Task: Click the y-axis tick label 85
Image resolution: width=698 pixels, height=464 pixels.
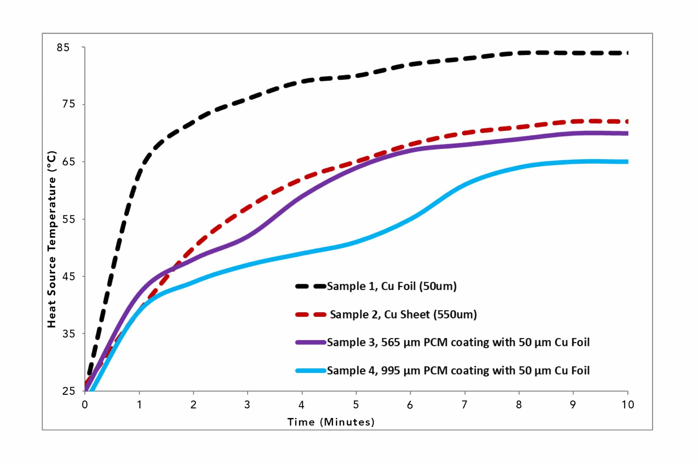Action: coord(63,48)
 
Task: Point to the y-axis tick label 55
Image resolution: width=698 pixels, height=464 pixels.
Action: coord(69,219)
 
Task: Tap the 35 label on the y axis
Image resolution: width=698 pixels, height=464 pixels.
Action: coord(69,334)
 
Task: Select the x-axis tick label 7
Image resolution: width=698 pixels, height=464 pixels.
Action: coord(464,404)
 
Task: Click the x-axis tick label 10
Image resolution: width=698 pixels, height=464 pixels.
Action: coord(627,404)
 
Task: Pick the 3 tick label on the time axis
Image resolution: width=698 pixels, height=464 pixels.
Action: coord(247,404)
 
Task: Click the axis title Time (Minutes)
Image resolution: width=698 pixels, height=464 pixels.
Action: coord(331,422)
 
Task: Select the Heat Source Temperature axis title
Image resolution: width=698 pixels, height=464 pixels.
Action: coord(52,239)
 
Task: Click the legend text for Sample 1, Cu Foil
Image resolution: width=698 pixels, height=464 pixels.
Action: coord(392,286)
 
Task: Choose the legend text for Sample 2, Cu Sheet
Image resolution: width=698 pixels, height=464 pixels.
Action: coord(403,314)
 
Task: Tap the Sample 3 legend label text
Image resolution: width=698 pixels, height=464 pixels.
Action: coord(458,342)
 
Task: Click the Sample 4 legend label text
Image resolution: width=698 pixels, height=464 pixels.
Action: coord(458,370)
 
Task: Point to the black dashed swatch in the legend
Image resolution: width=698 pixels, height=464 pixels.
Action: coord(311,286)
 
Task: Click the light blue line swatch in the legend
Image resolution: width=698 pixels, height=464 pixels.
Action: coord(311,371)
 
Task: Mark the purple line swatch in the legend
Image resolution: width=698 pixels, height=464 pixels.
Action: coord(311,343)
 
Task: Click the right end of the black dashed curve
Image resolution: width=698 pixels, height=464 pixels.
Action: coord(627,53)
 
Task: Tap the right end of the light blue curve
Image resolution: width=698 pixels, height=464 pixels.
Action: coord(627,162)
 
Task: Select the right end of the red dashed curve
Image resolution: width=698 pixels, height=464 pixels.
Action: coord(627,122)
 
